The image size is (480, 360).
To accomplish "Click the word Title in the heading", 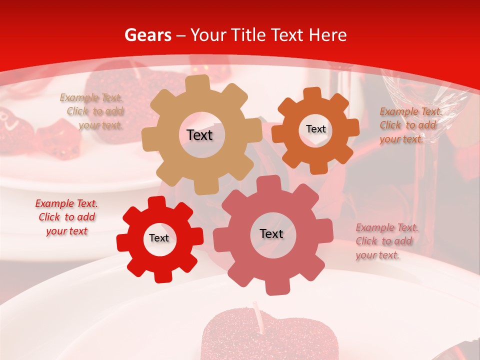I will [250, 35].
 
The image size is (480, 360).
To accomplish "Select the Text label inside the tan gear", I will [199, 135].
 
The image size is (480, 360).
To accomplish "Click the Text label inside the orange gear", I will [315, 129].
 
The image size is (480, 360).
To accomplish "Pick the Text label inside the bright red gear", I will [159, 238].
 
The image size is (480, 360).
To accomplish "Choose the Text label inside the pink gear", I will [271, 233].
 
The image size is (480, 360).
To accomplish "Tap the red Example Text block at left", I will [66, 217].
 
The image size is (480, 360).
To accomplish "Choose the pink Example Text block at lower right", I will [386, 241].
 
